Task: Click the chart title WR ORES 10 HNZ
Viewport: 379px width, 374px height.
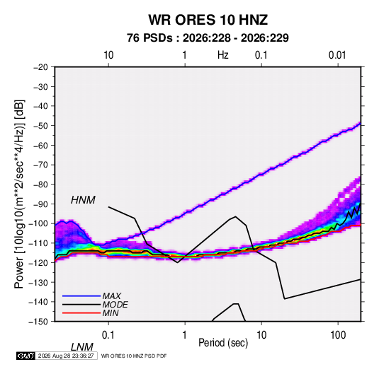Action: (x=208, y=20)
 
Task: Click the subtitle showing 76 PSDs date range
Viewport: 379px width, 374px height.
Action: (x=208, y=38)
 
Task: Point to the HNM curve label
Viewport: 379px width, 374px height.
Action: (x=83, y=200)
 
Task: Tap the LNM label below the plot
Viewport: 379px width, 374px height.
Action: (x=81, y=347)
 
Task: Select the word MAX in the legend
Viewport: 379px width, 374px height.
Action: (x=112, y=296)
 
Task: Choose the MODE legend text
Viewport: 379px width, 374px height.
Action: (x=115, y=305)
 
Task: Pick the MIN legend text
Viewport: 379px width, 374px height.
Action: (x=111, y=313)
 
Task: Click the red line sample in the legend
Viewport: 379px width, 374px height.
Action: (x=81, y=313)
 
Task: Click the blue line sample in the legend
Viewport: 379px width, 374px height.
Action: (x=81, y=296)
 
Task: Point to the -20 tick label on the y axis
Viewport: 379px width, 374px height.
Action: (x=40, y=67)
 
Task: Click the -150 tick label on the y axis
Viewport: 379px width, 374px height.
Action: (x=38, y=322)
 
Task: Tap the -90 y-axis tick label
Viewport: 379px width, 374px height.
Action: (x=40, y=204)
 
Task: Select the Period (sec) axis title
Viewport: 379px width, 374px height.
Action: (x=223, y=343)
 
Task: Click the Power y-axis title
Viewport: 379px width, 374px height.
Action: (x=19, y=194)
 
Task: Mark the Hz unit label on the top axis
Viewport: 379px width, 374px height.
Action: (x=223, y=55)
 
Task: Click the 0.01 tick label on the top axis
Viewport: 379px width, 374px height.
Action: (x=337, y=55)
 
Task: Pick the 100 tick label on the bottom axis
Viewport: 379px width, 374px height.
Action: (x=338, y=335)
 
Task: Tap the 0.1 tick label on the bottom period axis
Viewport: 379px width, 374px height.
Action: (x=108, y=335)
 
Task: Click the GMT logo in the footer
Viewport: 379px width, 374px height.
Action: (x=26, y=356)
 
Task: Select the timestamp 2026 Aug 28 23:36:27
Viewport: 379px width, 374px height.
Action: (x=66, y=356)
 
